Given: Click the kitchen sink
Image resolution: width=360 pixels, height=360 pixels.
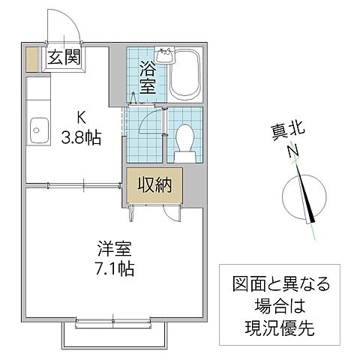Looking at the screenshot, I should pyautogui.click(x=35, y=134).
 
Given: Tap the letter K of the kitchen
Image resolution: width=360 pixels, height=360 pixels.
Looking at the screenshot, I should pyautogui.click(x=82, y=117).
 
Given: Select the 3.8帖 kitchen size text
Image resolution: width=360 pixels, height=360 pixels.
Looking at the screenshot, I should pyautogui.click(x=82, y=137).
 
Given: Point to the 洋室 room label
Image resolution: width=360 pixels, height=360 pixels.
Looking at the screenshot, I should pyautogui.click(x=112, y=246).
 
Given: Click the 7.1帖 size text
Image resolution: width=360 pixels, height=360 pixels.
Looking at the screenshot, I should pyautogui.click(x=114, y=266).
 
